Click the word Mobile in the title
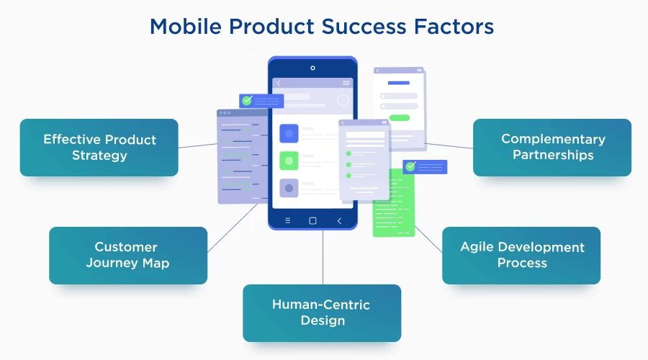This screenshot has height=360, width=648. click(184, 27)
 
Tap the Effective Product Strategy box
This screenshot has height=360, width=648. click(99, 148)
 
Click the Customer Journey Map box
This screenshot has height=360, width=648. click(128, 256)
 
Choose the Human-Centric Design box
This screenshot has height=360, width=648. click(321, 312)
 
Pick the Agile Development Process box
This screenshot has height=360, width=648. click(521, 255)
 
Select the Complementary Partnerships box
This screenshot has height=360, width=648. click(552, 148)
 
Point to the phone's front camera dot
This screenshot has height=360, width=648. click(312, 68)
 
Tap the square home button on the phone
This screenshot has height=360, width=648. click(312, 220)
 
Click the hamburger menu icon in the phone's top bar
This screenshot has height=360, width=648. click(346, 84)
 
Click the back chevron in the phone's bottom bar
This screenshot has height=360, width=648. click(339, 220)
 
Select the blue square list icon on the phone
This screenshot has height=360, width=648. click(289, 133)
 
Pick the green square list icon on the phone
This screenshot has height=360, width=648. click(289, 161)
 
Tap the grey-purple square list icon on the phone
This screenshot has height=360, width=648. click(289, 188)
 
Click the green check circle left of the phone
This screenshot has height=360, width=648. click(247, 101)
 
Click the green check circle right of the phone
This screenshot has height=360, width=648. click(410, 166)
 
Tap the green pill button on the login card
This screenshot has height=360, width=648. click(399, 117)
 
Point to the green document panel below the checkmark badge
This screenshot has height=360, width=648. click(393, 209)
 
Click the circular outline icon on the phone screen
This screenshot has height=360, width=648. click(343, 101)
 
